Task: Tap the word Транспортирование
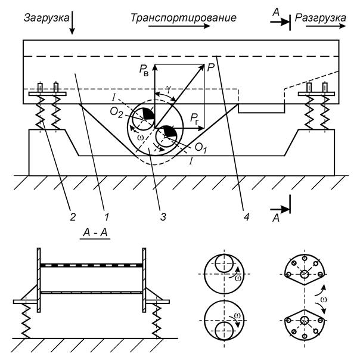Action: [x=183, y=18]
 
